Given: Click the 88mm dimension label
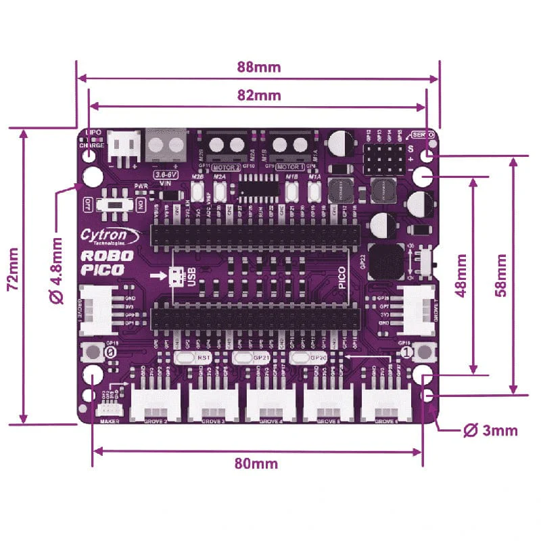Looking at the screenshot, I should pyautogui.click(x=259, y=67).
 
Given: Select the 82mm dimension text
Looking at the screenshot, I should pyautogui.click(x=259, y=95).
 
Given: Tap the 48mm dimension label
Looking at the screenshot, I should pyautogui.click(x=463, y=276).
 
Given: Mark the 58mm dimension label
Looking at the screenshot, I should pyautogui.click(x=501, y=276).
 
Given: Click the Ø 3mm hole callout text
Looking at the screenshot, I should pyautogui.click(x=490, y=430).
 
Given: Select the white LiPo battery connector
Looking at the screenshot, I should pyautogui.click(x=122, y=145).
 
